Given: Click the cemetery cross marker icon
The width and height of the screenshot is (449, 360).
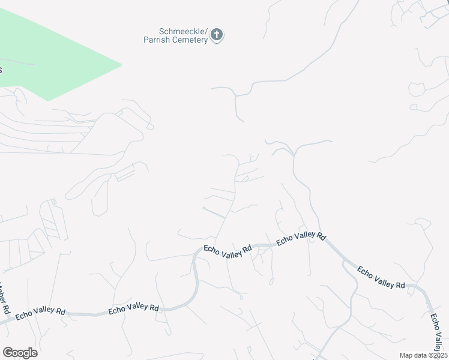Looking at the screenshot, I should click(217, 35).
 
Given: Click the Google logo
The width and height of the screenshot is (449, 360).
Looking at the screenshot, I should click(20, 353).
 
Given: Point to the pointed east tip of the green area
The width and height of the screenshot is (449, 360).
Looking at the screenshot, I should click(121, 64).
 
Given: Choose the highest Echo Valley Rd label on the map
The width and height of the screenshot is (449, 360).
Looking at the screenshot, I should click(301, 238).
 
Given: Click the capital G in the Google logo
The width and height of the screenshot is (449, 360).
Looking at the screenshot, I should click(8, 352).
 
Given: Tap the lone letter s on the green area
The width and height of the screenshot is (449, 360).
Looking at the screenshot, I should click(1, 70).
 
